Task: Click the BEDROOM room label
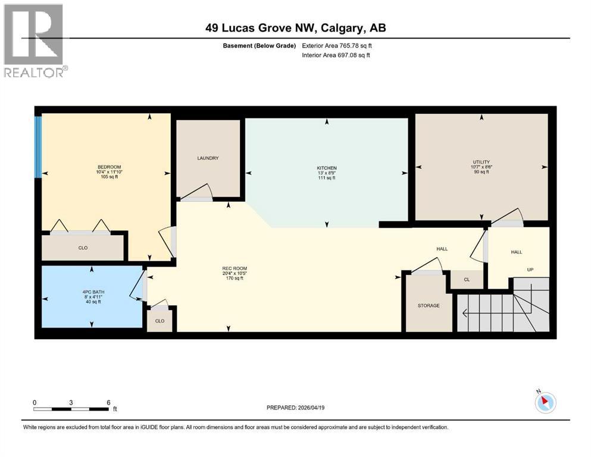[x=109, y=167]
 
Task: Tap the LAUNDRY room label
[x=208, y=158]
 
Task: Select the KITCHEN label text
[x=327, y=168]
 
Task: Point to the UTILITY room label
[x=481, y=162]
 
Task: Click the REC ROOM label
[x=234, y=268]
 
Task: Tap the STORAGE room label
[x=428, y=305]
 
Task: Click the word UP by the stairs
[x=530, y=270]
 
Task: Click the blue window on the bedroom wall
[x=38, y=146]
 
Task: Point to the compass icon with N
[x=545, y=402]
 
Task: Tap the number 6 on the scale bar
[x=108, y=402]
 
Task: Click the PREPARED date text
[x=295, y=408]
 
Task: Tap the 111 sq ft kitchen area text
[x=327, y=178]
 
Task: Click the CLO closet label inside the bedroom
[x=83, y=248]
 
